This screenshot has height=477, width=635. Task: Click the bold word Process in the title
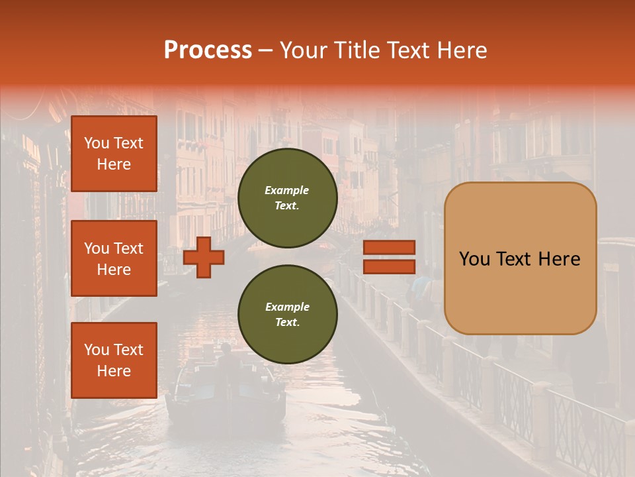pos(208,50)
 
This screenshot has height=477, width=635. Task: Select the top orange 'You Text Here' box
pos(114,154)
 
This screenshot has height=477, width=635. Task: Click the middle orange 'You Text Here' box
pos(114,258)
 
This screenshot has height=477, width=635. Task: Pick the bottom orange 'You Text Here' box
pos(114,360)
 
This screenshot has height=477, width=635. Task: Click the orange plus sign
pos(204,258)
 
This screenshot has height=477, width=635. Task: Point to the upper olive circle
pos(287,198)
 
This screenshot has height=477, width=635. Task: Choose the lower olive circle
pos(287,315)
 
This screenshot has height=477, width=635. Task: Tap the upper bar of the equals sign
pos(389,248)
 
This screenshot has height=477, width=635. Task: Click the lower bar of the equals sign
pos(389,267)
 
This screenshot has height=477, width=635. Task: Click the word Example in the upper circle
pos(286,190)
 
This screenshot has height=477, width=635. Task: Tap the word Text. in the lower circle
pos(286,323)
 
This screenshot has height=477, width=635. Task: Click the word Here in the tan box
pos(559,259)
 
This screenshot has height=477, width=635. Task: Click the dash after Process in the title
pos(266,50)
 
